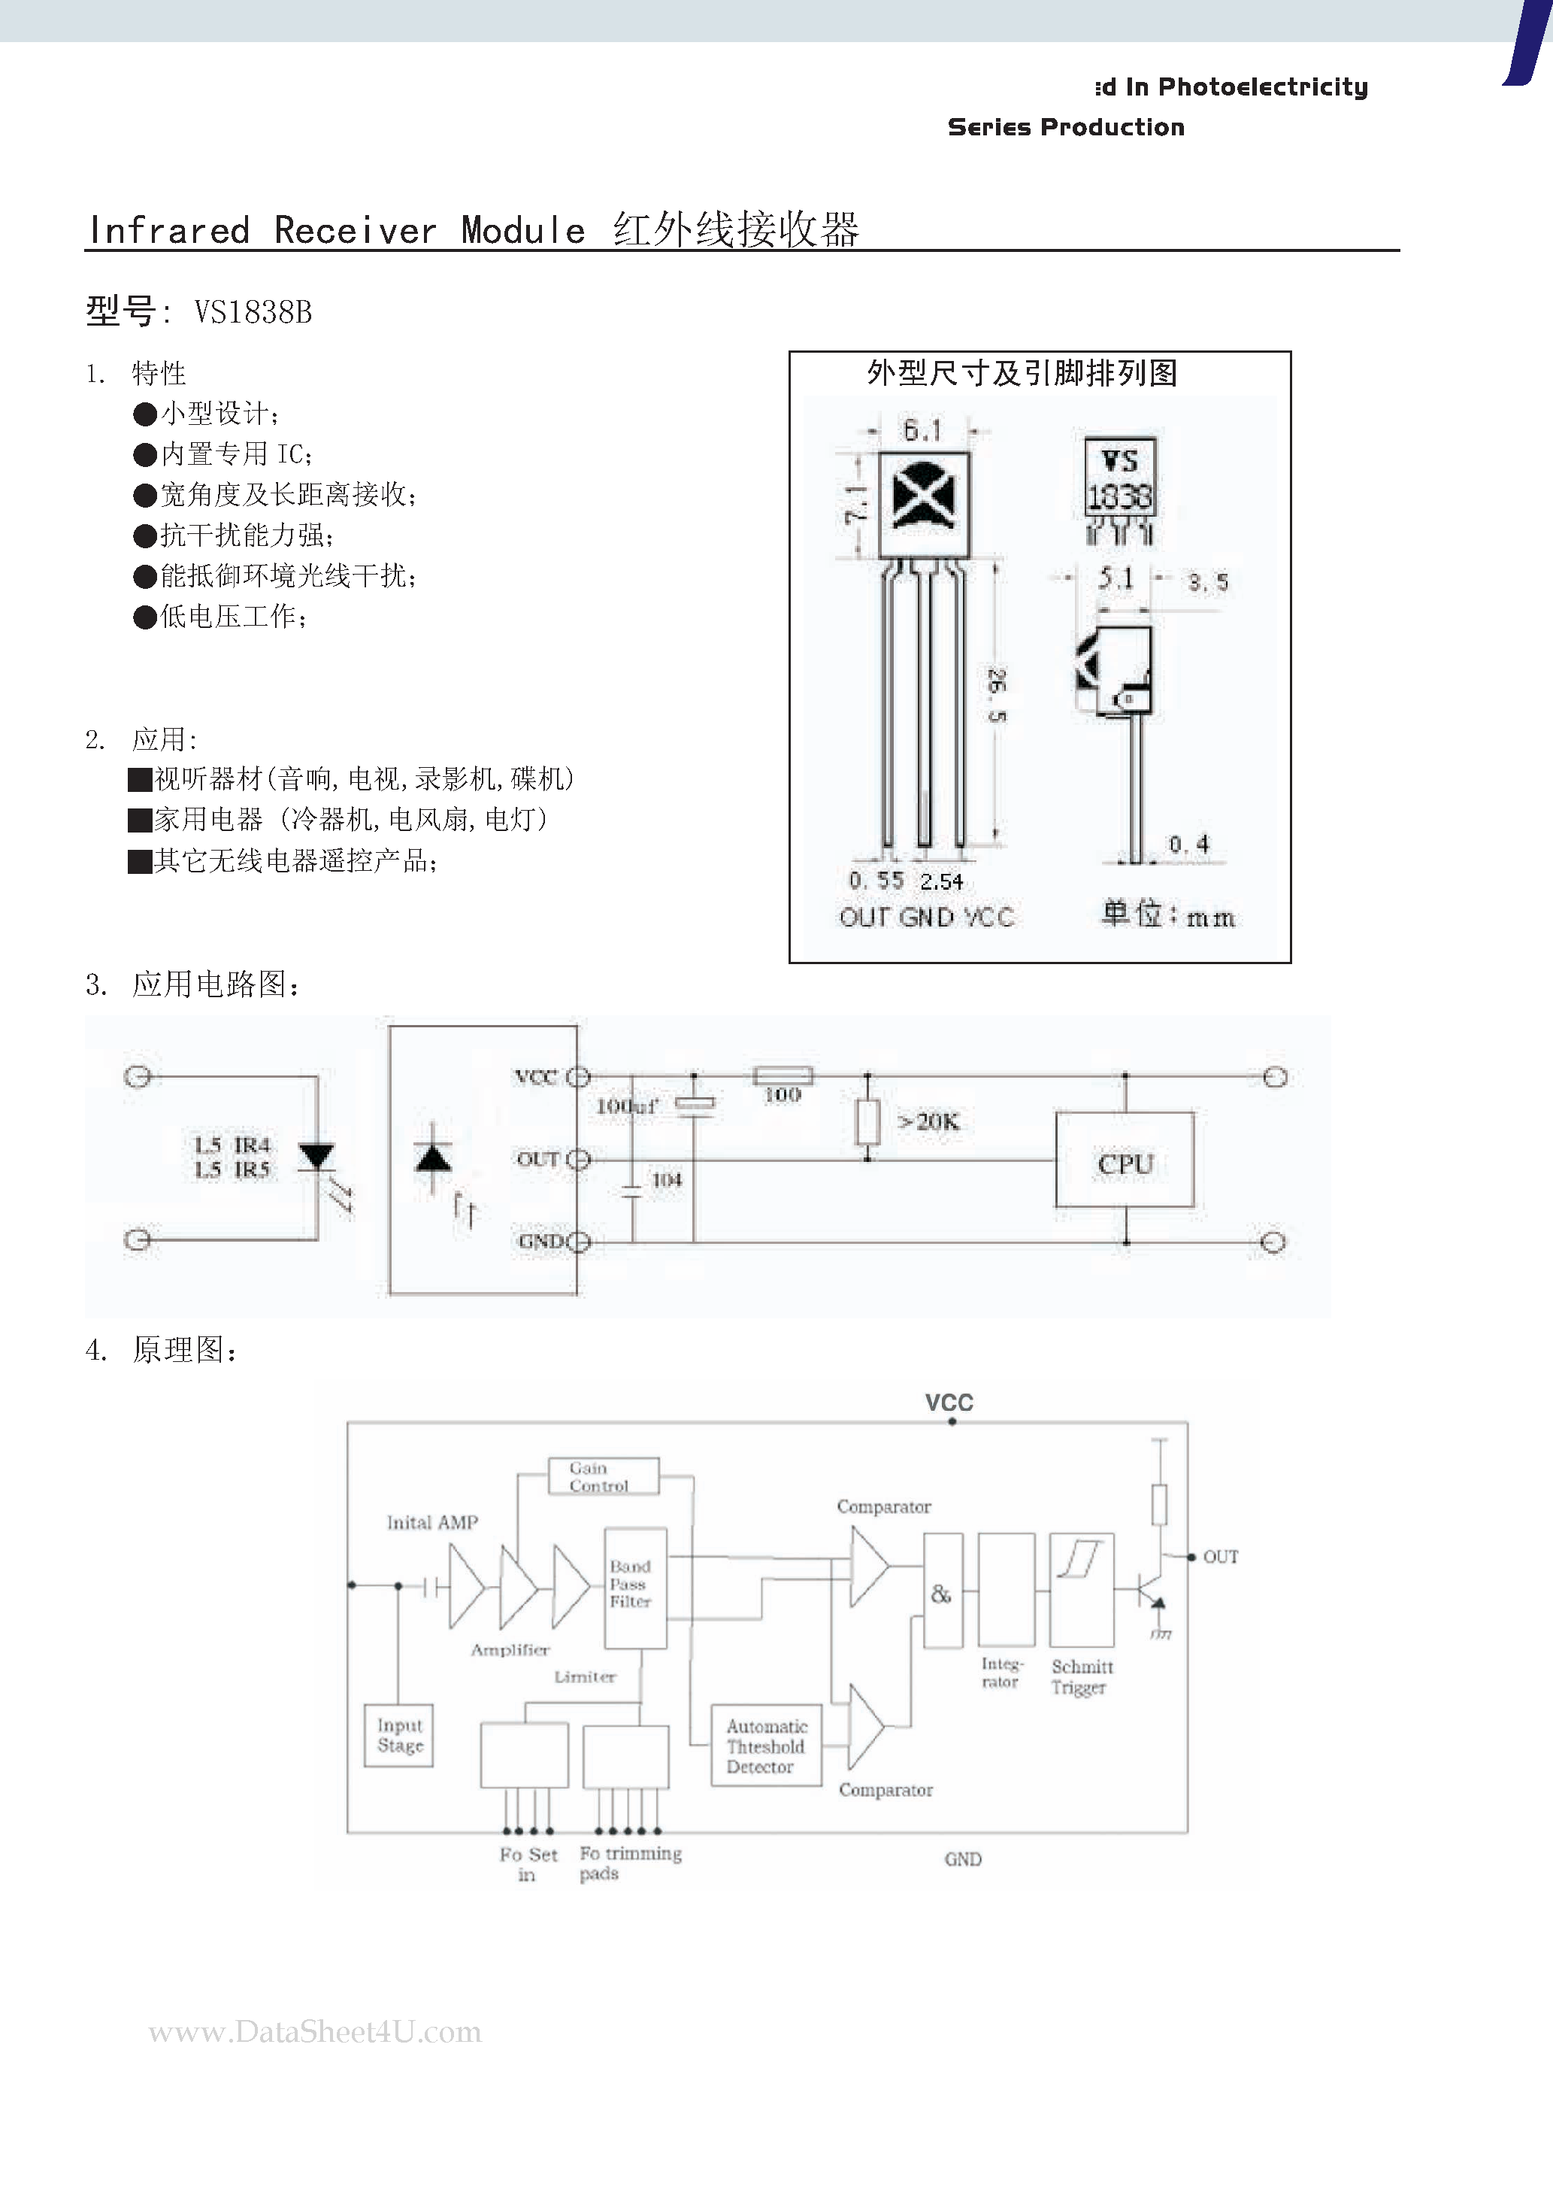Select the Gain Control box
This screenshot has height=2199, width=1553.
tap(603, 1476)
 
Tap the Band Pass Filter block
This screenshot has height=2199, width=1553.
tap(634, 1586)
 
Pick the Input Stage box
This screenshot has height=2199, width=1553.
tap(399, 1734)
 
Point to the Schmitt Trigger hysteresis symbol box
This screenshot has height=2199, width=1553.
tap(1081, 1589)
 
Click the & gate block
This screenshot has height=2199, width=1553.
tap(942, 1591)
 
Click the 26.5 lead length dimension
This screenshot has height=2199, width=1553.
tap(997, 696)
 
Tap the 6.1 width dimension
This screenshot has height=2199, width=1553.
tap(922, 431)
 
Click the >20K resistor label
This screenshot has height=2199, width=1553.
tap(928, 1121)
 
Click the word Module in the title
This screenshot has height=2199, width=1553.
tap(522, 231)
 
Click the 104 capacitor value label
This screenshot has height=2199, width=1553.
tap(667, 1180)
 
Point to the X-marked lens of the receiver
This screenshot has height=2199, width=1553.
tap(924, 495)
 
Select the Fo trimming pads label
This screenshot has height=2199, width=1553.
tap(629, 1863)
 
